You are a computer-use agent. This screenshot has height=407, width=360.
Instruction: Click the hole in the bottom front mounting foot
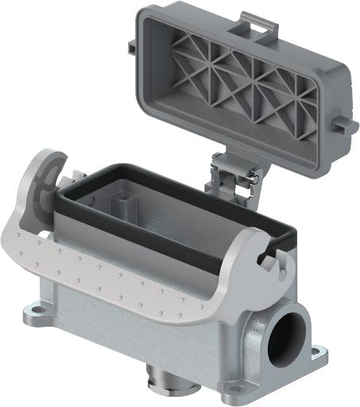[x=233, y=388]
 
